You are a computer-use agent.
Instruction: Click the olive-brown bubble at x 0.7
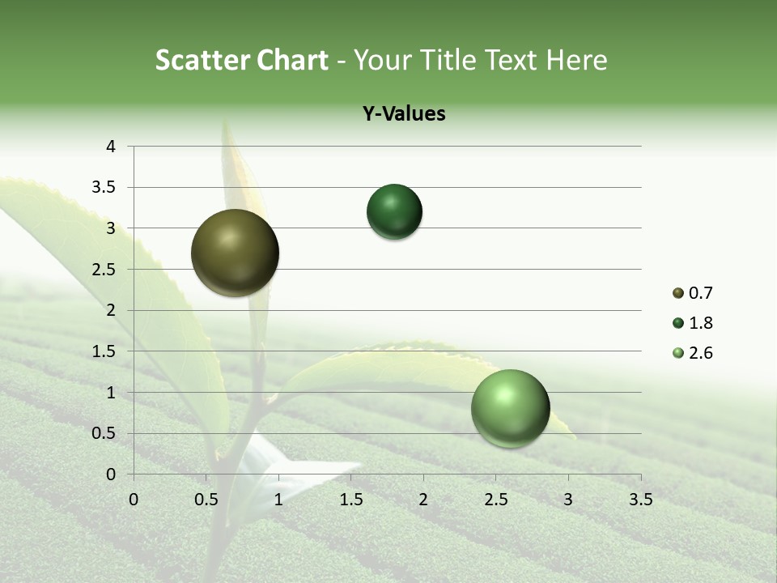[236, 253]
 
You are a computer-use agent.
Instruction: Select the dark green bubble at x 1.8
[394, 212]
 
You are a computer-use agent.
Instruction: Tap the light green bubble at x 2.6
[510, 408]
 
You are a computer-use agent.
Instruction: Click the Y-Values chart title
[404, 114]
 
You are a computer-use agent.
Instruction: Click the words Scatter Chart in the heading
[241, 60]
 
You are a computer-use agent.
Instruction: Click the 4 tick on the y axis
[111, 147]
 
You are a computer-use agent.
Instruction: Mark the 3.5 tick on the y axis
[104, 188]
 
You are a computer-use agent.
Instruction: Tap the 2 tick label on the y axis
[111, 310]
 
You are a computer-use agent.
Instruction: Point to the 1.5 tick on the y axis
[104, 351]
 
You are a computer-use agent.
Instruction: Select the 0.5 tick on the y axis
[104, 433]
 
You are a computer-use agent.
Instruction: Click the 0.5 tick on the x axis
[206, 500]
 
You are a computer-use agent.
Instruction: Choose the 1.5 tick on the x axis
[350, 500]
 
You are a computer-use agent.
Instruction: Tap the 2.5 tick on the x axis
[495, 500]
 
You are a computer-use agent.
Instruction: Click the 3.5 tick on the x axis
[640, 500]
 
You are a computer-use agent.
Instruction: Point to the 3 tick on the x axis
[568, 500]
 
